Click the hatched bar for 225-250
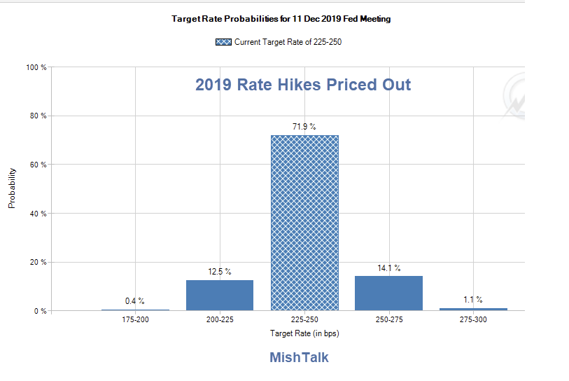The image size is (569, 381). (x=304, y=223)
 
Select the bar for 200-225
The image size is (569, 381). (x=220, y=295)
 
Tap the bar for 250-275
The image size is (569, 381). (x=388, y=293)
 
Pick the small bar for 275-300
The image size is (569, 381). (x=473, y=309)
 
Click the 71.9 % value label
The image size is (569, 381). (x=304, y=127)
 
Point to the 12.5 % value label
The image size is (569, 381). (x=220, y=271)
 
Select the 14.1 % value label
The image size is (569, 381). (x=388, y=268)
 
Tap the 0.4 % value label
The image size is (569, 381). (x=135, y=300)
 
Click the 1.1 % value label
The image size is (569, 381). (x=473, y=299)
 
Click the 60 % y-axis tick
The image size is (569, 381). (x=38, y=165)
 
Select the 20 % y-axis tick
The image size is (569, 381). (x=38, y=262)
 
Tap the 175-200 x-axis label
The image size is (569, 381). (x=135, y=319)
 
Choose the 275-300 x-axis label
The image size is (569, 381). (x=473, y=319)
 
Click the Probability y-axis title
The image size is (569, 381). (x=12, y=189)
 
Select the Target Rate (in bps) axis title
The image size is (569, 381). (x=304, y=333)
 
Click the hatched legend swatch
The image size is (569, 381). (x=224, y=42)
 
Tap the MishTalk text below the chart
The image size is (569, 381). (x=299, y=357)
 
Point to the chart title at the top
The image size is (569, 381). (x=281, y=19)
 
